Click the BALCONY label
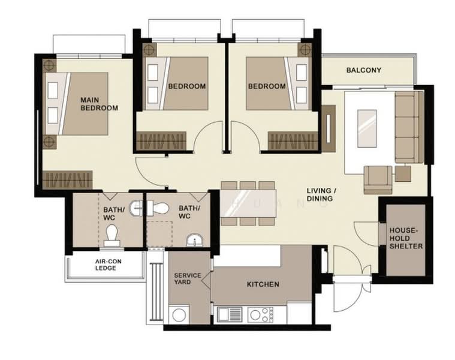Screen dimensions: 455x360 (x=364, y=70)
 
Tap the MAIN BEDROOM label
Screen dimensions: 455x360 (x=100, y=104)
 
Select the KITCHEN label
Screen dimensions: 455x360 (x=263, y=284)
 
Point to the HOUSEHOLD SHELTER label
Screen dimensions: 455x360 (x=406, y=238)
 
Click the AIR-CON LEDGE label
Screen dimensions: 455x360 (x=109, y=265)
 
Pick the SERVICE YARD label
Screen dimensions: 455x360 (x=188, y=279)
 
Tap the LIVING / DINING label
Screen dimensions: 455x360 (x=321, y=194)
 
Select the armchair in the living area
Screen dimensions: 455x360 (x=378, y=180)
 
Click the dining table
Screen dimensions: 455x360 (x=248, y=203)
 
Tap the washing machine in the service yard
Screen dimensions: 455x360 (x=179, y=314)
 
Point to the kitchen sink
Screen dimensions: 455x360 (x=230, y=314)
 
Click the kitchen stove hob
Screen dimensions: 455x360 (x=261, y=315)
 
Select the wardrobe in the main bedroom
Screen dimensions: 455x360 (x=67, y=180)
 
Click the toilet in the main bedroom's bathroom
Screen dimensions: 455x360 (x=112, y=235)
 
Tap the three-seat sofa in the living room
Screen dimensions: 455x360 (x=409, y=127)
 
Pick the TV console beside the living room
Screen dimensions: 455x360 (x=329, y=128)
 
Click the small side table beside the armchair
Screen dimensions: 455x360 (x=403, y=173)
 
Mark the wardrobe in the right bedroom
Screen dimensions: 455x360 (x=293, y=141)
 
